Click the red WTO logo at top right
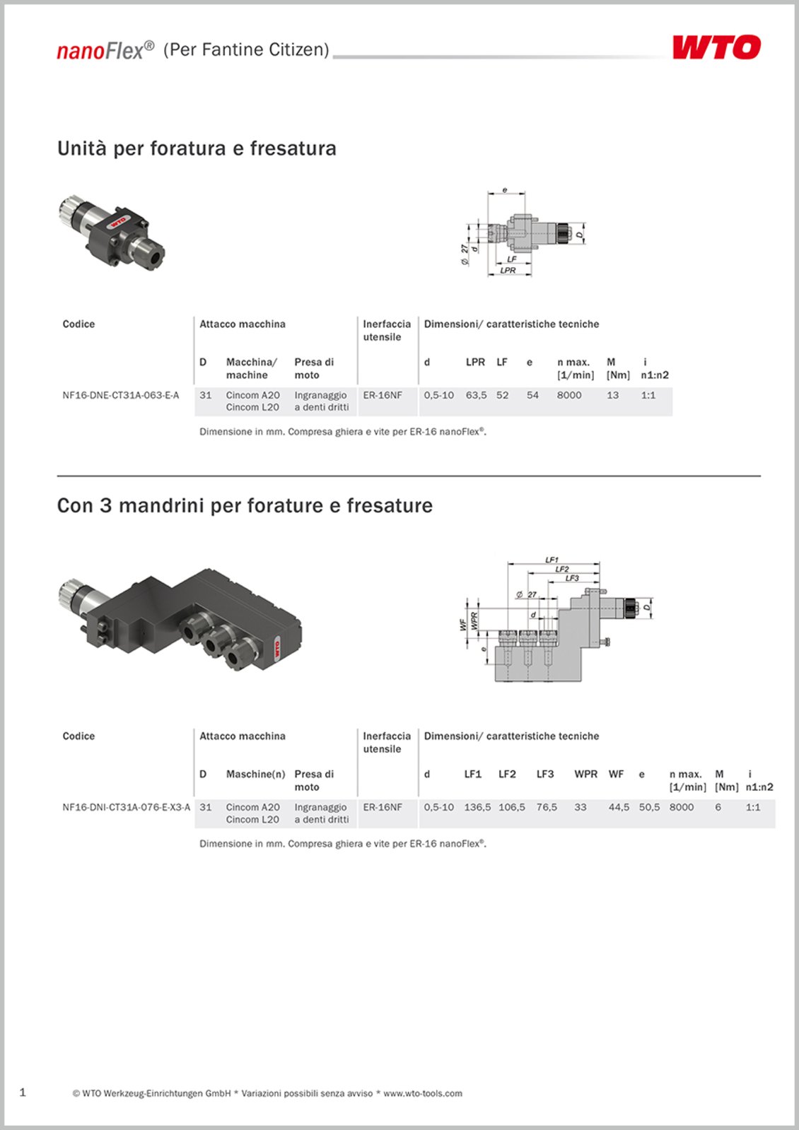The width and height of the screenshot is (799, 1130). [716, 47]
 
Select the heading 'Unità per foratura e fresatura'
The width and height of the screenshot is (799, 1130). [197, 148]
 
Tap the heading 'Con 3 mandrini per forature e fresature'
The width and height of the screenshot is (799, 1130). [245, 506]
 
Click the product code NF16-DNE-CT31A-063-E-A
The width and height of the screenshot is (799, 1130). [121, 395]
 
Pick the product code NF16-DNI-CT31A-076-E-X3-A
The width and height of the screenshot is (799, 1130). [126, 807]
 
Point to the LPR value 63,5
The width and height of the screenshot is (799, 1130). [476, 395]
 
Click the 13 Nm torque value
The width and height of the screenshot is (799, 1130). [612, 395]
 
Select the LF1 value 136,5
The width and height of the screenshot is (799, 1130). [477, 807]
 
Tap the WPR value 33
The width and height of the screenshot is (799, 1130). [581, 807]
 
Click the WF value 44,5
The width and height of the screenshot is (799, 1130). [619, 807]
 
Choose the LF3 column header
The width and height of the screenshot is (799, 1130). [544, 774]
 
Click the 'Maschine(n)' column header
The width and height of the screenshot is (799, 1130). [255, 774]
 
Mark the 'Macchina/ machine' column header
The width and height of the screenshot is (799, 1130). [251, 368]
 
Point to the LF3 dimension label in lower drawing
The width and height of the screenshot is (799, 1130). [571, 578]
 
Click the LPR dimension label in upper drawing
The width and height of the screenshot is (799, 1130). [508, 270]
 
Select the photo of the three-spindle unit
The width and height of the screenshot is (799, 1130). [181, 618]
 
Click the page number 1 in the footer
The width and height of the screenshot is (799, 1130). [23, 1092]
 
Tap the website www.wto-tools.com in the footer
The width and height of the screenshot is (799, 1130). [423, 1093]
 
